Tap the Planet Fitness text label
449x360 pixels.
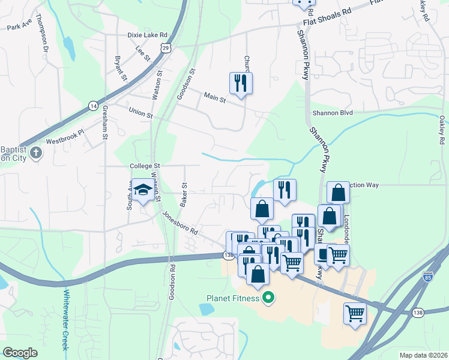coord(233,298)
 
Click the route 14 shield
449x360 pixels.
coord(92,106)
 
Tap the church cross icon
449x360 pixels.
coord(36,152)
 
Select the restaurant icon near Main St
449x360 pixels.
coord(241,83)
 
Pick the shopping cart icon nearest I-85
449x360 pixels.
coord(355,313)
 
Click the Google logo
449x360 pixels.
coord(20,353)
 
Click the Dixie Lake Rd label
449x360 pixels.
coord(147,35)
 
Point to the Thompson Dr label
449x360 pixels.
coord(43,34)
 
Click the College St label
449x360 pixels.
coord(146,166)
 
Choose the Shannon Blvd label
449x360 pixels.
coord(333,112)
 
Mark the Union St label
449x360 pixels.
coord(141,112)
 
